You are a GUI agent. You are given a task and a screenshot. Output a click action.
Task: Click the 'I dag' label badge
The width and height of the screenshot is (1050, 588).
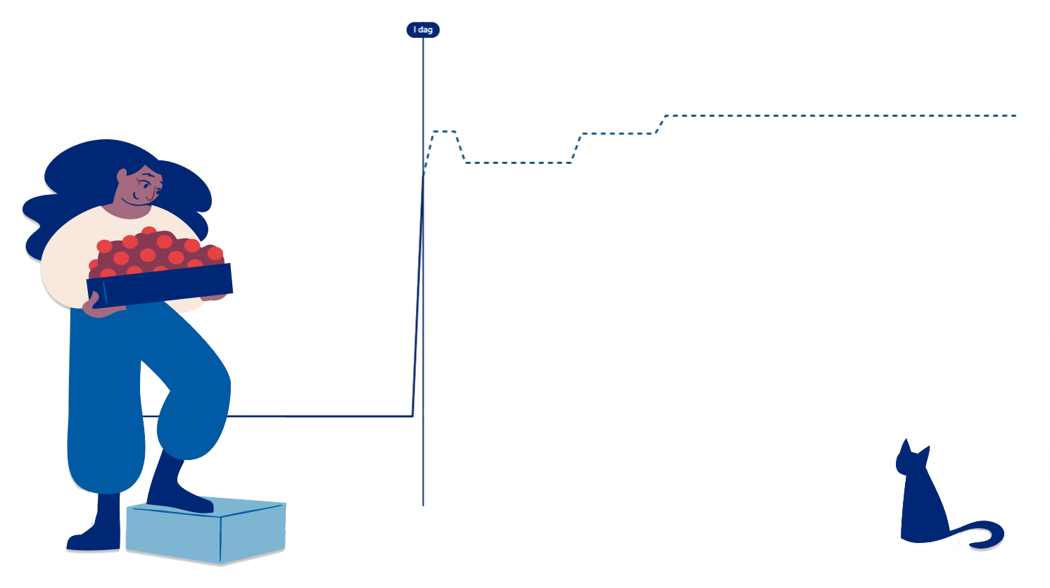(423, 30)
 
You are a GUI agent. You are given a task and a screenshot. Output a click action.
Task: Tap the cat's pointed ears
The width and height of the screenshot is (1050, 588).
(906, 448)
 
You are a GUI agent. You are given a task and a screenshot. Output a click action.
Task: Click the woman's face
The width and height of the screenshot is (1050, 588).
(141, 186)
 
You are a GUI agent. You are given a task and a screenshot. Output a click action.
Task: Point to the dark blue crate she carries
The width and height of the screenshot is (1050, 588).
(160, 283)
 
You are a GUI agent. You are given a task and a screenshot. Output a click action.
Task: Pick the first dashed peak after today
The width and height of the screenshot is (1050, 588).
(444, 132)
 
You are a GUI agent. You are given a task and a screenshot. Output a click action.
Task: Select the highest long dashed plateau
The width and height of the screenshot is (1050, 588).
(837, 115)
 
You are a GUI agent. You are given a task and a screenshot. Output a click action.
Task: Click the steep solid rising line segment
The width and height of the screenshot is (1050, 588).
(418, 295)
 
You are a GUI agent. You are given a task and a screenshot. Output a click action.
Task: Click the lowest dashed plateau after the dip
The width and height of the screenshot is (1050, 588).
(517, 163)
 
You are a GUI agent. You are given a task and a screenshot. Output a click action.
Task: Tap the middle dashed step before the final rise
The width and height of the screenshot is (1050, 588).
(618, 134)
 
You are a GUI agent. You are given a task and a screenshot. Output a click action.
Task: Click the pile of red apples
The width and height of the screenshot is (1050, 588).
(155, 250)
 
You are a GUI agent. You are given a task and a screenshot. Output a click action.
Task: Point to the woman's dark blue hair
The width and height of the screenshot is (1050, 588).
(77, 176)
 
